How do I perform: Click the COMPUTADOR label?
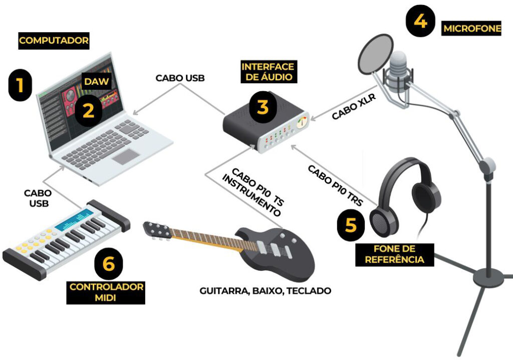coord(54,41)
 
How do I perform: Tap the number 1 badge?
coord(20,85)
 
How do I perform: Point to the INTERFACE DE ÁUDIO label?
coord(268,72)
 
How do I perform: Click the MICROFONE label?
coord(472,29)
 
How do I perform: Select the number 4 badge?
coord(420,21)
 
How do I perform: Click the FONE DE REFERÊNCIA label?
coord(394,254)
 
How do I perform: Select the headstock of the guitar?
coord(158,230)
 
